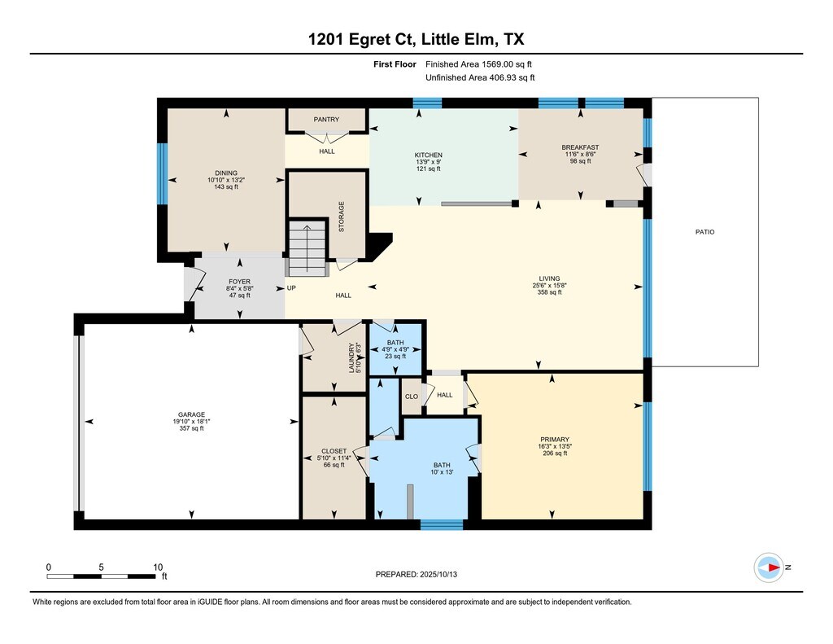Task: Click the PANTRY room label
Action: click(x=326, y=120)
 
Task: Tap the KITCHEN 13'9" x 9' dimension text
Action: click(x=428, y=162)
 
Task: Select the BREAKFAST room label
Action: click(x=580, y=147)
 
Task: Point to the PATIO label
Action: click(x=705, y=232)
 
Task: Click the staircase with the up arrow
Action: click(x=307, y=248)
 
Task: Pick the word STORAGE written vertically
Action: click(x=342, y=217)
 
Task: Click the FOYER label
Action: click(x=240, y=282)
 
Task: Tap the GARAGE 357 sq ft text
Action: click(x=191, y=428)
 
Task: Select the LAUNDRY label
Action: click(x=351, y=357)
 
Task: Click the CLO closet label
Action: click(x=412, y=396)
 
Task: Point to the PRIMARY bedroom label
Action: click(x=555, y=440)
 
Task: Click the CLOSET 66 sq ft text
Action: click(x=334, y=465)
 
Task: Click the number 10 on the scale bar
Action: click(x=158, y=567)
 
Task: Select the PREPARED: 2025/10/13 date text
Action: click(x=416, y=574)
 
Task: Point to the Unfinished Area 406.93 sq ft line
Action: click(x=480, y=77)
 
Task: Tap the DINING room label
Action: click(x=226, y=173)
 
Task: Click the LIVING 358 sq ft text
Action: click(x=549, y=292)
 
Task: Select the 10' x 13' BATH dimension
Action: click(x=442, y=472)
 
